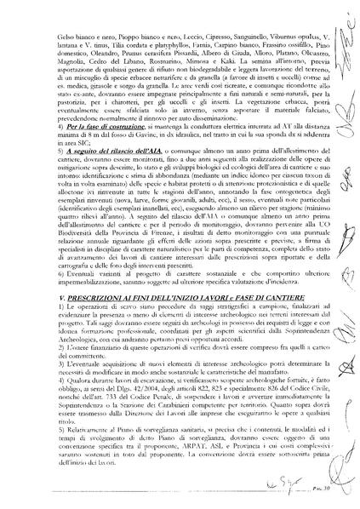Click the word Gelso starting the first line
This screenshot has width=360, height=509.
click(x=64, y=39)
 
